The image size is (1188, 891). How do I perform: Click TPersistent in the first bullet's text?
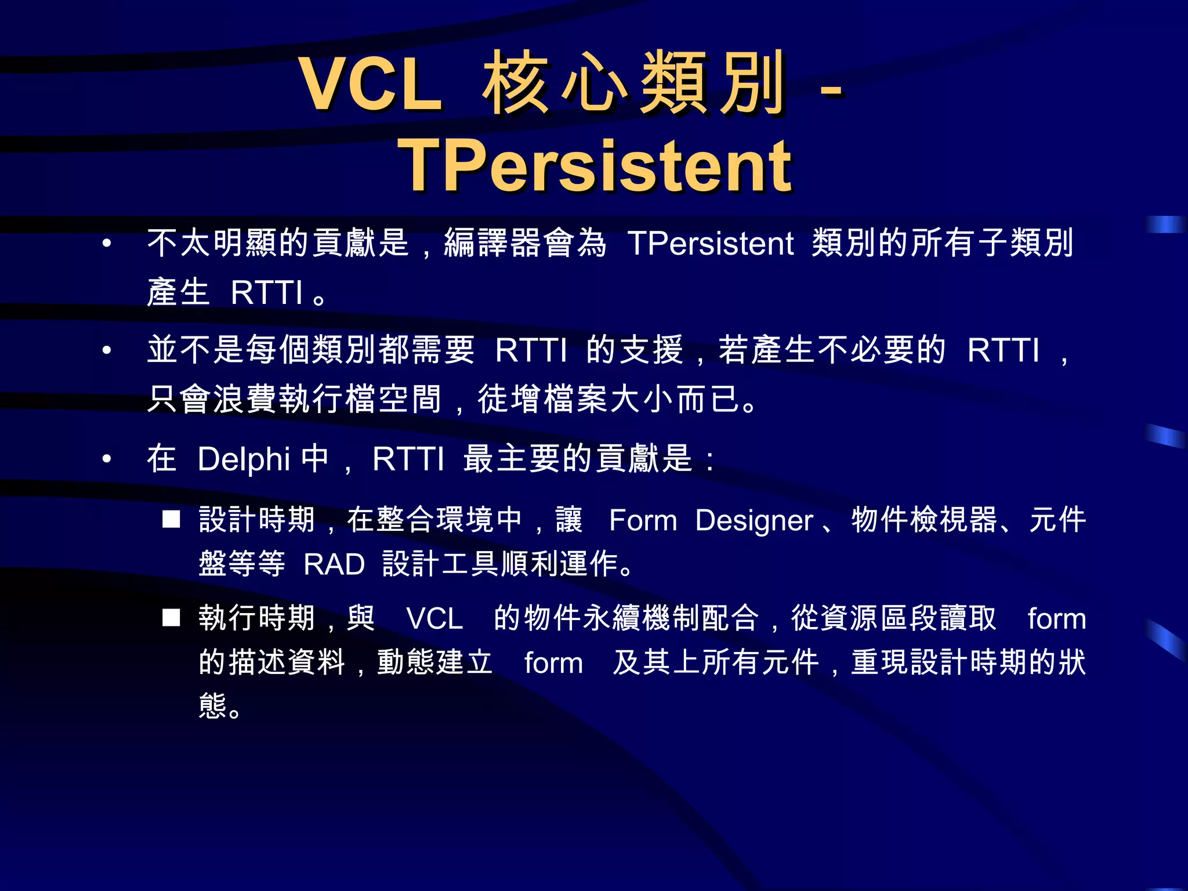pos(710,243)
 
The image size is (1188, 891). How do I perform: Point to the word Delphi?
pos(244,459)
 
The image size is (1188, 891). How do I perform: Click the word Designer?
pos(754,520)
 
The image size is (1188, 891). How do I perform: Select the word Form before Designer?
pos(643,520)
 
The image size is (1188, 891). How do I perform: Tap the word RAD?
pos(334,564)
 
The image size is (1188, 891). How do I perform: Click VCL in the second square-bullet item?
pos(434,619)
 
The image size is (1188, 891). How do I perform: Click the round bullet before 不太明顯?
pos(107,243)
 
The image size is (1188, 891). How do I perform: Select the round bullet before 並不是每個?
pos(107,350)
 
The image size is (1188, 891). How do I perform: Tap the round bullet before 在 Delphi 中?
pos(107,459)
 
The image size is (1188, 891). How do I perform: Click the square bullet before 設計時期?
pos(171,519)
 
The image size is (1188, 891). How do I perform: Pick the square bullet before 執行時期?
pos(171,618)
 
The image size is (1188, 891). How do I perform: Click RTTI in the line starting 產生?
pos(267,292)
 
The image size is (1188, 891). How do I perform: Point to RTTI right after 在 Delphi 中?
pos(408,459)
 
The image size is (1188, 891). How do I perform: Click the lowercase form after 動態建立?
pos(553,663)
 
